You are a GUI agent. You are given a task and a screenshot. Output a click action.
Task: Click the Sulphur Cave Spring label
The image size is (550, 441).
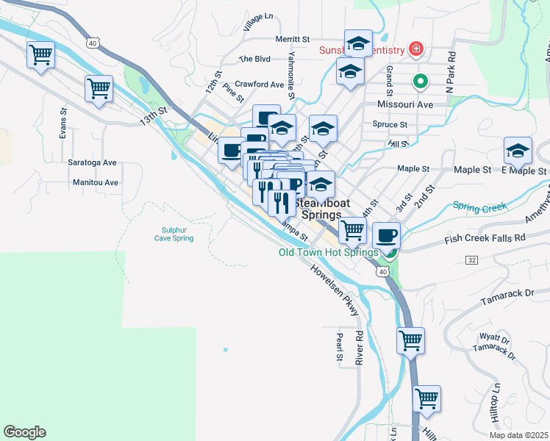(174, 234)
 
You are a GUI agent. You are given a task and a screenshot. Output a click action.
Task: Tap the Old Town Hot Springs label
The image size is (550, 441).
(329, 252)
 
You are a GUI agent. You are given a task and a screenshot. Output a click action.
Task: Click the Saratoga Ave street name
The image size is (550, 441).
(93, 162)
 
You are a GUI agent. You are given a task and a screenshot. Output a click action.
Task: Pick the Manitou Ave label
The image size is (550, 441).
(95, 182)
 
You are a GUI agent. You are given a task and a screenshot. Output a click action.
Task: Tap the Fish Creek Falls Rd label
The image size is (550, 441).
(485, 238)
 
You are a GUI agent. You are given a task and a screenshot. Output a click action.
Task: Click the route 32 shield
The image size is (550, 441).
(471, 260)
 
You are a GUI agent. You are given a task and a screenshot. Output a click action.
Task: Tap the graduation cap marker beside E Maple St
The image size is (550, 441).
(518, 151)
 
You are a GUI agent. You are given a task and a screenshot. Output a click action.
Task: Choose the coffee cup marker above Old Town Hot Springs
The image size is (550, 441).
(386, 235)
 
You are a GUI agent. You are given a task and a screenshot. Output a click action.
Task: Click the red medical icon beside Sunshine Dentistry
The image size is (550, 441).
(416, 49)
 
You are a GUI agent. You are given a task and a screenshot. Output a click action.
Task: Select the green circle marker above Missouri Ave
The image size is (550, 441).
(420, 82)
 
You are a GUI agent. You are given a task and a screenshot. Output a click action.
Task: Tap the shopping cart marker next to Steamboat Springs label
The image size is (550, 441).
(353, 229)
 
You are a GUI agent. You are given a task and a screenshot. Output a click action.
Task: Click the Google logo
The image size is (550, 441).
(24, 432)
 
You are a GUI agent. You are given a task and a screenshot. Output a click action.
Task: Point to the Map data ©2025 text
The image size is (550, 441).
(518, 435)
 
